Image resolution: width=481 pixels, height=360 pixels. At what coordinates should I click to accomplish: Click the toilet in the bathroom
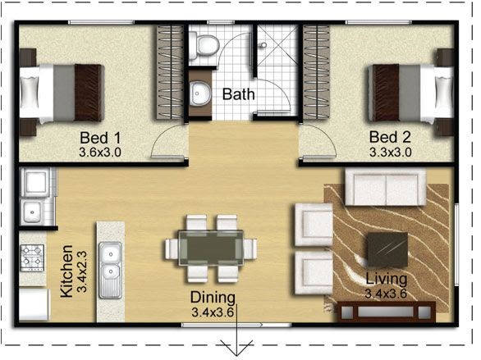point(204,46)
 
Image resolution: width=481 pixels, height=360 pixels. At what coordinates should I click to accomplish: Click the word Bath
point(238,94)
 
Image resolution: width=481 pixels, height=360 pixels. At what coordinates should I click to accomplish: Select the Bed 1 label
point(100,138)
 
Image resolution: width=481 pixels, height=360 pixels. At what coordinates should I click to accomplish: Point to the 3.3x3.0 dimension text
point(390,153)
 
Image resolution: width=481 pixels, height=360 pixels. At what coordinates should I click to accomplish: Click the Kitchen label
point(66,271)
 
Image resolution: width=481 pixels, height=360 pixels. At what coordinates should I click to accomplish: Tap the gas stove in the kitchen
point(32,258)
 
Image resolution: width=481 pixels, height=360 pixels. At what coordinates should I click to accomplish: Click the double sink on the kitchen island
point(110,270)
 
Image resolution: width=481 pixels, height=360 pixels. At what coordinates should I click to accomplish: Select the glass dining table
point(211,248)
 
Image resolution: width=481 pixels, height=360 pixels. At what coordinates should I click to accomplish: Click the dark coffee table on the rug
point(387,249)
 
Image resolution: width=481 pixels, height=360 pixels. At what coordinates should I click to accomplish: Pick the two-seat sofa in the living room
point(386,187)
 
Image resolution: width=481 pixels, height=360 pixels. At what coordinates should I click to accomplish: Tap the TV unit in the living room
point(387,312)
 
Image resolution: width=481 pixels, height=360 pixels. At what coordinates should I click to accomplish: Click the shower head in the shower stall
point(263,45)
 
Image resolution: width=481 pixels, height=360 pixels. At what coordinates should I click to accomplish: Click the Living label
point(387,279)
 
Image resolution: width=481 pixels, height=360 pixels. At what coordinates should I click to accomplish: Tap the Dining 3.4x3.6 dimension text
point(213,312)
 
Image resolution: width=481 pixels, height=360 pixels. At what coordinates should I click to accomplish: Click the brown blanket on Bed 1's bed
point(89,93)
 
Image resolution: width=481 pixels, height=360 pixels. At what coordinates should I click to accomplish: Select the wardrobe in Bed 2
point(316,72)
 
